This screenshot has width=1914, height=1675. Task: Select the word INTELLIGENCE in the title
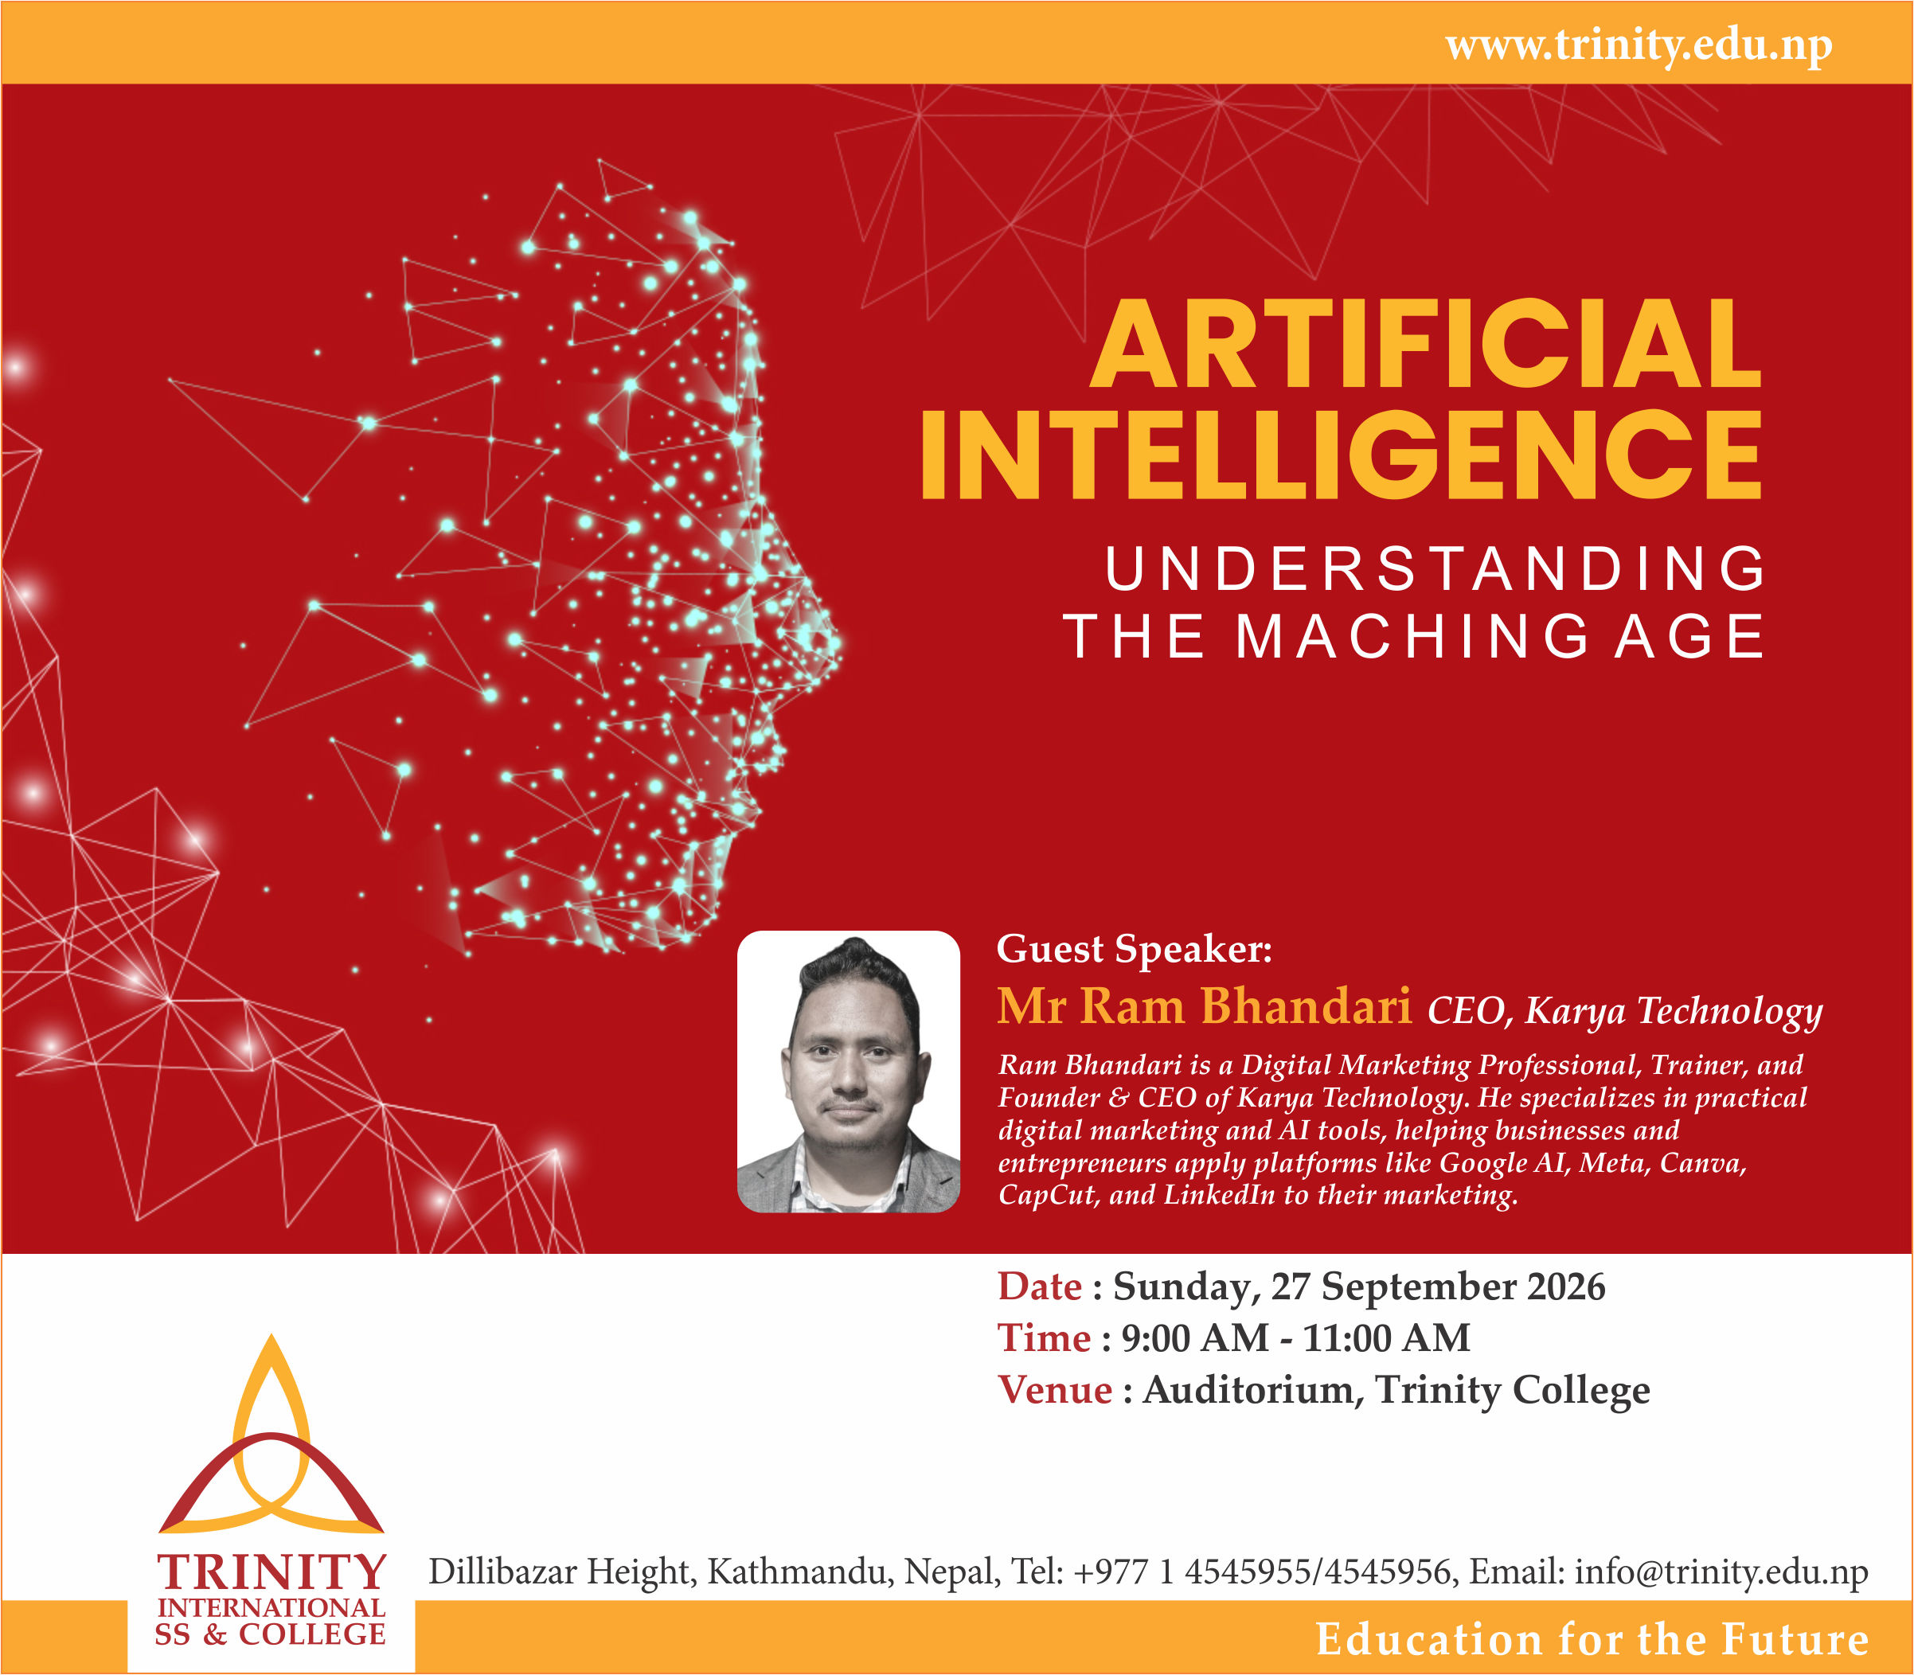1341,455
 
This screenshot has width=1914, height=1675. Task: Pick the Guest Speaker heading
1135,949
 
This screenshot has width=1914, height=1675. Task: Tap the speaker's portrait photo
849,1072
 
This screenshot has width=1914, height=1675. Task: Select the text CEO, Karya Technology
1624,1010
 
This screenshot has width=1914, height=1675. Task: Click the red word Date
1039,1287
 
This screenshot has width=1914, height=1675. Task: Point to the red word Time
1044,1337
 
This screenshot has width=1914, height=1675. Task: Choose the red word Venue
1055,1390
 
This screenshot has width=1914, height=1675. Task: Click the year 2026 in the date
1565,1287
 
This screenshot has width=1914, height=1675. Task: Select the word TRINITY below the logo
271,1572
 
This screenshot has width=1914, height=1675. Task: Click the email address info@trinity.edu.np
1721,1572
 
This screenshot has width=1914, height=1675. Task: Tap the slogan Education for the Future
1592,1638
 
